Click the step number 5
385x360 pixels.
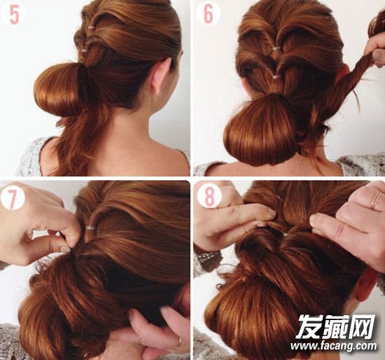(x=14, y=15)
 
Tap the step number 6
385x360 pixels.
(x=208, y=14)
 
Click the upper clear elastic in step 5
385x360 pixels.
(x=91, y=27)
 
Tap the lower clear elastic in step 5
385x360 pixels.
(x=85, y=51)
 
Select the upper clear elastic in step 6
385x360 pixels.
(x=278, y=48)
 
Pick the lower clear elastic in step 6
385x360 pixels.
(x=276, y=77)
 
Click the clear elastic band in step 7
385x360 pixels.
(x=90, y=228)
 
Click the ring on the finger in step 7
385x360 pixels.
(x=180, y=340)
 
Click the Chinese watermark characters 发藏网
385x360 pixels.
(x=335, y=326)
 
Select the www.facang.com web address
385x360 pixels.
(x=333, y=346)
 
